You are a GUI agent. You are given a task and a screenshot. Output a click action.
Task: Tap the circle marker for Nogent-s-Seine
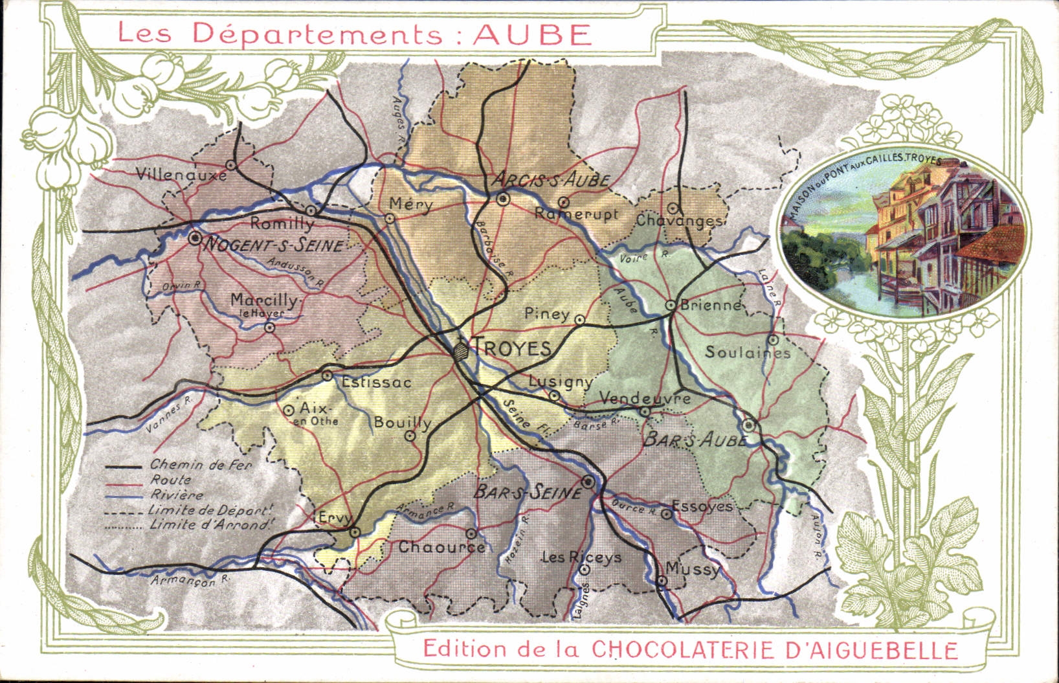click(195, 238)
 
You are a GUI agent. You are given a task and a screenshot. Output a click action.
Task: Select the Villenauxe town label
click(181, 175)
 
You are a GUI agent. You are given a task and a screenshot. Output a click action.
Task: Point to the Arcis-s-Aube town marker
click(503, 199)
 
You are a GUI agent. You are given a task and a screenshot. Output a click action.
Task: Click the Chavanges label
click(680, 221)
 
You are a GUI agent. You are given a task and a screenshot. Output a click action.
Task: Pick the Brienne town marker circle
click(671, 304)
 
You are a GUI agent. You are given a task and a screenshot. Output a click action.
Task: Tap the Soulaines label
click(748, 352)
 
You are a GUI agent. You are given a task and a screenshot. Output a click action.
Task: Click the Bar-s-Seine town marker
click(588, 482)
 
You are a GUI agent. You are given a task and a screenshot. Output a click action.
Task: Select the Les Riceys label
click(581, 557)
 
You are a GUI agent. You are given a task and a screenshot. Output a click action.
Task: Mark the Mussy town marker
click(662, 581)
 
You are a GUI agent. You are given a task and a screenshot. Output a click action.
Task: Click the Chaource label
click(441, 547)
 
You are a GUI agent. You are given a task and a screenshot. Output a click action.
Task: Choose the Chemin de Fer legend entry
click(201, 464)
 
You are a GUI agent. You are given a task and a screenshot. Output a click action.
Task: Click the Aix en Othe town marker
click(289, 410)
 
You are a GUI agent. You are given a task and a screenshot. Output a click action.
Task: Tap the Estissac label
click(376, 382)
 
